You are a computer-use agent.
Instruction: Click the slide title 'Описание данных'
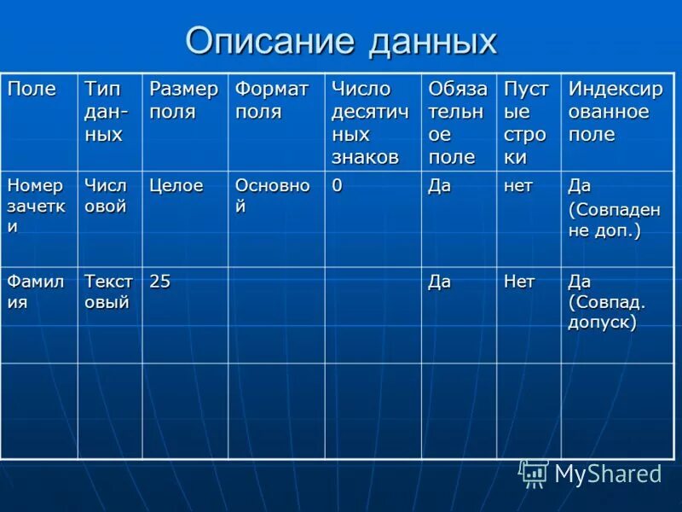(341, 41)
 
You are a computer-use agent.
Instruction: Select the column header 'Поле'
(32, 90)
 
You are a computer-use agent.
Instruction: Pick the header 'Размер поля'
(184, 101)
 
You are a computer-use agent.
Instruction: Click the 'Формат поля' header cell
(272, 101)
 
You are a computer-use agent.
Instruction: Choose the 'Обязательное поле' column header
(458, 123)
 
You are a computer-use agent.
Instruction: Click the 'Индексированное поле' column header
(615, 112)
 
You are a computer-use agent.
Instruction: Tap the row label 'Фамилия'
(36, 291)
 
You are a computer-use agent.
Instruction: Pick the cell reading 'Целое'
(176, 186)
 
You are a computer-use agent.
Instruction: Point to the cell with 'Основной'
(272, 196)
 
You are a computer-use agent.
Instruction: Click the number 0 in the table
(337, 186)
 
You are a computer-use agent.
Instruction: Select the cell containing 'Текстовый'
(108, 291)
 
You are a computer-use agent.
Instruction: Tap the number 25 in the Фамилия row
(159, 281)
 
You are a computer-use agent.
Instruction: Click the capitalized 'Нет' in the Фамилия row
(519, 281)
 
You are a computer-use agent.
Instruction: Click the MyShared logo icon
(533, 473)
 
